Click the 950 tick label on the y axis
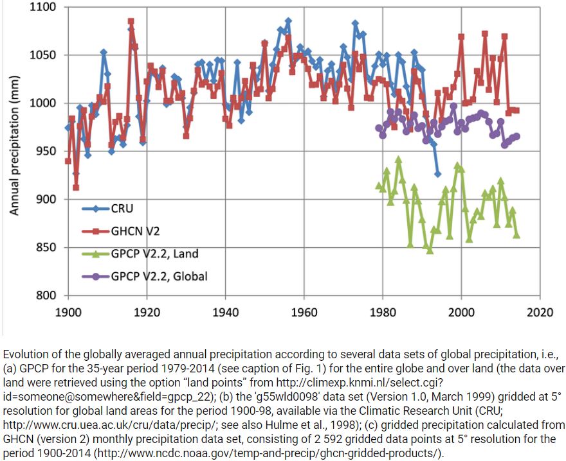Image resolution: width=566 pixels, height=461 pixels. [47, 152]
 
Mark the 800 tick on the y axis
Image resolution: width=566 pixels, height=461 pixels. [47, 296]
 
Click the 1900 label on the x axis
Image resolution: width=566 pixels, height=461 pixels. [68, 313]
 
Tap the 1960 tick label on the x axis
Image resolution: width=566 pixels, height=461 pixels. [304, 313]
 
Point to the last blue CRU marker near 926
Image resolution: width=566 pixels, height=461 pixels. [437, 174]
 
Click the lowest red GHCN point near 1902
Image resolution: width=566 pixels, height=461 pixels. [76, 187]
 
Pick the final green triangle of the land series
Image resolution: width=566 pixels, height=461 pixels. [516, 235]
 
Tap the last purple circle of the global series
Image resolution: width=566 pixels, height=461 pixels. [516, 136]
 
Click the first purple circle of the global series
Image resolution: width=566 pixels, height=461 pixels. [378, 128]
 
